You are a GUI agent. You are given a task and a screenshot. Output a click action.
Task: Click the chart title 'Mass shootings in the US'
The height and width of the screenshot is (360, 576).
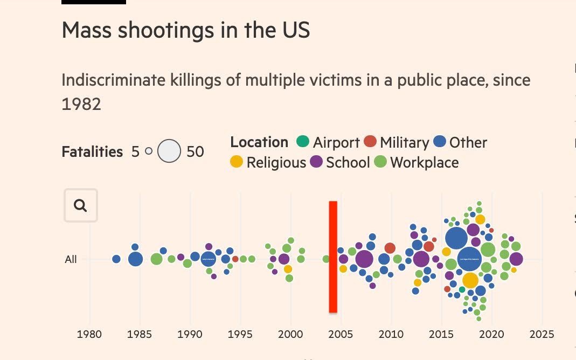click(186, 30)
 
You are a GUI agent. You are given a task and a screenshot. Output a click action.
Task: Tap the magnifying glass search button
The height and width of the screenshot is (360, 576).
click(81, 205)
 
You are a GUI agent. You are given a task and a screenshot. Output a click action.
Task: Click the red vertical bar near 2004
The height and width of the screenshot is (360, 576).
click(333, 257)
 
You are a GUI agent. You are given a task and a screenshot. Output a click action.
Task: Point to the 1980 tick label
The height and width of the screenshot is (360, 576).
click(89, 334)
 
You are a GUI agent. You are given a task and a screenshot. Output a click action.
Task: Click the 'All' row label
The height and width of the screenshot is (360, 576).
click(71, 259)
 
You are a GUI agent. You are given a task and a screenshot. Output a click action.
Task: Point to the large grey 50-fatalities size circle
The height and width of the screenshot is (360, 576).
click(169, 151)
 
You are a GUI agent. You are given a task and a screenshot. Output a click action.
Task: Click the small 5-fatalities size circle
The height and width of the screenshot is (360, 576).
click(149, 151)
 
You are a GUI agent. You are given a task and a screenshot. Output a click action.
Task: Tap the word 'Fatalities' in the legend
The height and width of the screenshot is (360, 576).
click(92, 152)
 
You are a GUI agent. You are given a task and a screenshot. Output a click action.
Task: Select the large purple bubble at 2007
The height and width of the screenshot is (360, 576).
click(364, 259)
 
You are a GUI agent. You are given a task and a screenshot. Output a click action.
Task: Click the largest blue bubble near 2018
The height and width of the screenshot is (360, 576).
click(469, 259)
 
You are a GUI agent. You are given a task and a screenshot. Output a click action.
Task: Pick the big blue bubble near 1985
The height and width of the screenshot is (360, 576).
click(136, 259)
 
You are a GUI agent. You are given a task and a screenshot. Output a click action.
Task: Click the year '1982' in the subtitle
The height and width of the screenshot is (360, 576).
click(81, 104)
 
